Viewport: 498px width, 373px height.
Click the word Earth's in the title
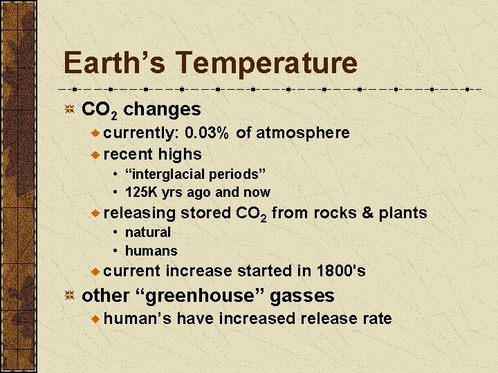click(x=114, y=63)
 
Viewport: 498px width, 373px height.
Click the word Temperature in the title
click(x=266, y=63)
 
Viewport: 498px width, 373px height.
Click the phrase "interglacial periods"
click(x=196, y=173)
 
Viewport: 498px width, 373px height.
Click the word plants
click(x=403, y=213)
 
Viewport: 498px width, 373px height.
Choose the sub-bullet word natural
click(x=147, y=232)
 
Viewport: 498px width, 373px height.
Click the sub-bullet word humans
click(x=151, y=251)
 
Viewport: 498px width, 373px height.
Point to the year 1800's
click(x=340, y=271)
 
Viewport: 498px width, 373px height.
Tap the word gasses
click(x=302, y=296)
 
